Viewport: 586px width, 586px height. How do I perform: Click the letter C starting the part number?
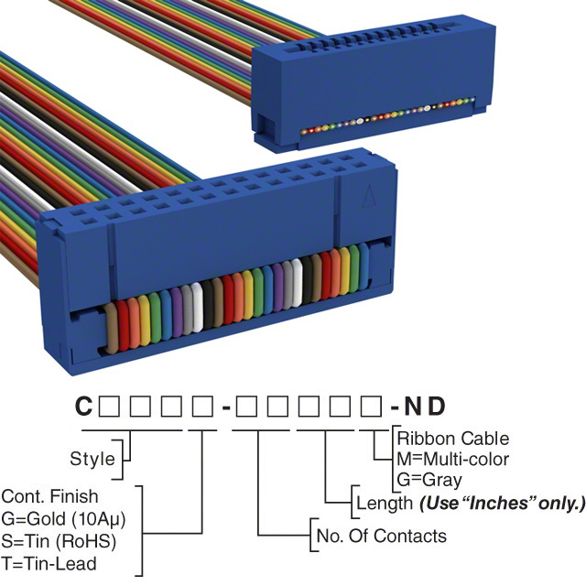(x=82, y=406)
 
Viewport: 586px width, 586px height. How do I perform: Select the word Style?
(x=92, y=459)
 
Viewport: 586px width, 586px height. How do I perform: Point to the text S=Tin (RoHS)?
(x=60, y=540)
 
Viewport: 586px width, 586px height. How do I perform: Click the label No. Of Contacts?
(x=381, y=536)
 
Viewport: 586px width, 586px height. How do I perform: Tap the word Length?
(x=383, y=503)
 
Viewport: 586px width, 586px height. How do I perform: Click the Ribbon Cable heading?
(x=452, y=439)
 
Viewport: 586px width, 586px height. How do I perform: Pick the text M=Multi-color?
(x=452, y=459)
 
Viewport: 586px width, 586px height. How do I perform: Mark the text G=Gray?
(x=429, y=479)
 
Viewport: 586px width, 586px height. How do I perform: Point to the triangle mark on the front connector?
(x=368, y=197)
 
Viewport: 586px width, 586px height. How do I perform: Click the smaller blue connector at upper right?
(x=364, y=92)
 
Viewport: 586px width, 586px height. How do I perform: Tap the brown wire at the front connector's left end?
(x=114, y=328)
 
